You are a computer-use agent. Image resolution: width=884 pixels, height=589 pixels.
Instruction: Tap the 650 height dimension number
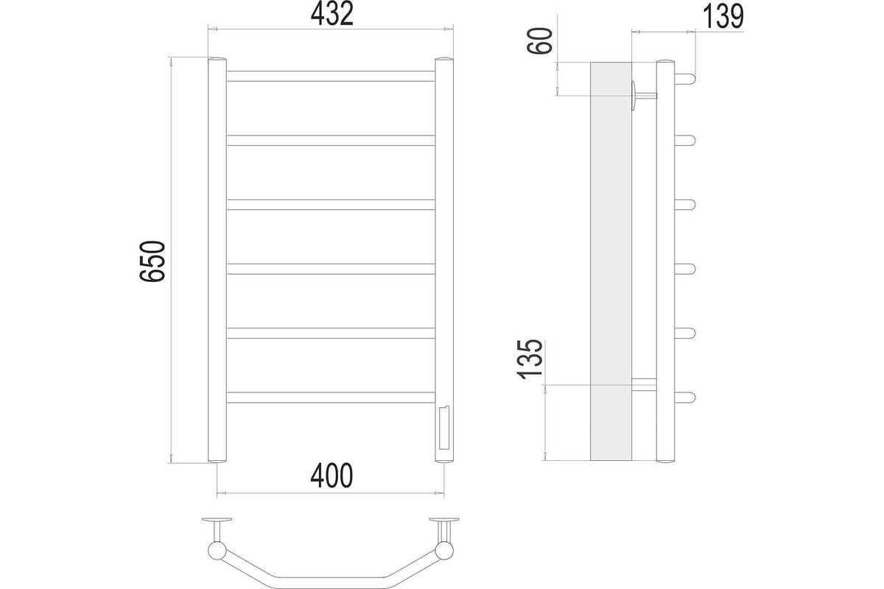pos(152,261)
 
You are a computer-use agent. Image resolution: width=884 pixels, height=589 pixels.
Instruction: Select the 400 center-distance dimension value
pos(331,476)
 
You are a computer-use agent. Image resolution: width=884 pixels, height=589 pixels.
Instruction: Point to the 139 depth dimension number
pos(723,17)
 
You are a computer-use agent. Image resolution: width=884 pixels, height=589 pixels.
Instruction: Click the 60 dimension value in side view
pos(539,40)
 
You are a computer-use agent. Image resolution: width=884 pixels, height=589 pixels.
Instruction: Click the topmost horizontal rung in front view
pos(331,76)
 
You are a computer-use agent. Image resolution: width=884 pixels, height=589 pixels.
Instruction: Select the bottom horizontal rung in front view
pos(331,398)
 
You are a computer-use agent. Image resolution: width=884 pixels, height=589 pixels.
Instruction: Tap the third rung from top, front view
pos(331,205)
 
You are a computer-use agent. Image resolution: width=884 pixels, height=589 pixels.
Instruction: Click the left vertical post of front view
pos(217,260)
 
